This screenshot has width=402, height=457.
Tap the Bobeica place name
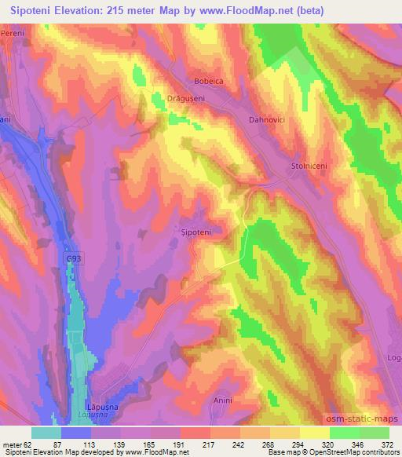point(209,82)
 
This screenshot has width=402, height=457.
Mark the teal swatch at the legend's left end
point(46,433)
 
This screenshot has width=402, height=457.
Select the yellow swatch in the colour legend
point(315,433)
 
